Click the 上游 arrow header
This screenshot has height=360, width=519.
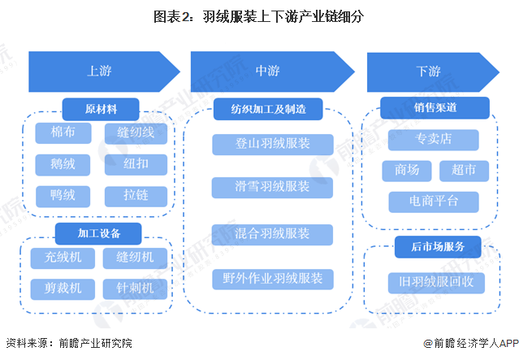[101, 71]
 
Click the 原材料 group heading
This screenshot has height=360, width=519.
[102, 108]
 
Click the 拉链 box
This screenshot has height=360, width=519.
[135, 196]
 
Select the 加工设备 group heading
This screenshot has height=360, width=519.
[99, 234]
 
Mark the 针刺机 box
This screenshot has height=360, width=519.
[135, 288]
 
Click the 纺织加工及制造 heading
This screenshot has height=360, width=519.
[267, 108]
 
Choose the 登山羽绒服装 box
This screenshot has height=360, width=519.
[272, 144]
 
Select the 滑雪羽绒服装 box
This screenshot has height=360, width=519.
[272, 187]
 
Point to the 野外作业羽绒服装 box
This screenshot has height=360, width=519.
[272, 279]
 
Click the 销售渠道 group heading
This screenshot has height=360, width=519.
[435, 108]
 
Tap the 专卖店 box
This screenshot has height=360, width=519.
[433, 140]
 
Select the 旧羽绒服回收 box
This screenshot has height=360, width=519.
[435, 283]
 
